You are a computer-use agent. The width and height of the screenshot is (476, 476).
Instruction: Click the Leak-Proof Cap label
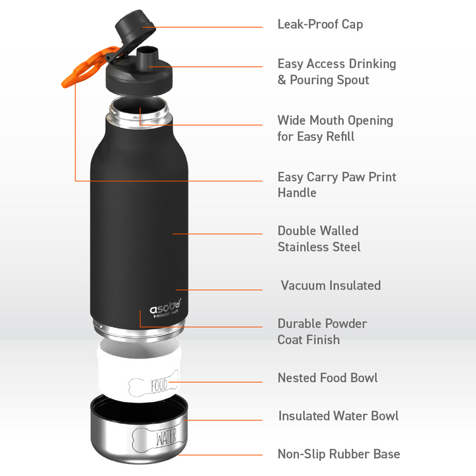320,24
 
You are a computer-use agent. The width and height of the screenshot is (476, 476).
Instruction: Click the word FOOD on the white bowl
159,385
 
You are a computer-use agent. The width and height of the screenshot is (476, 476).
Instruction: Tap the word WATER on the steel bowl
165,438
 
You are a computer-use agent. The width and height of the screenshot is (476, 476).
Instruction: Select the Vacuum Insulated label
331,286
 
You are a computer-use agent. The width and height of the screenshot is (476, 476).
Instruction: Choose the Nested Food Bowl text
327,378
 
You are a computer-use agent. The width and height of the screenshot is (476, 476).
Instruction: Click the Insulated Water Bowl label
338,416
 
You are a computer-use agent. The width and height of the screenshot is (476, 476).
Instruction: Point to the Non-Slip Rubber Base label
338,454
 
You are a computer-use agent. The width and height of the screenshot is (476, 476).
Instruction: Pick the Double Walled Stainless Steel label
319,239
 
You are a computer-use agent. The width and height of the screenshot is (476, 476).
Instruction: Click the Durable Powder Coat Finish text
322,331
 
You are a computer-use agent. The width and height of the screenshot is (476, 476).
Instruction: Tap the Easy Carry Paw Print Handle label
337,185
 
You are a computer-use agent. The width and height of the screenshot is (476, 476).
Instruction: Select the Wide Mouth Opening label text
335,128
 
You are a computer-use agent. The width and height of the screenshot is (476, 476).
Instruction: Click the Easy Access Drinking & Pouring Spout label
337,72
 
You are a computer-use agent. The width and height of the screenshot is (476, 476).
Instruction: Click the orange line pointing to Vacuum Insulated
218,290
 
